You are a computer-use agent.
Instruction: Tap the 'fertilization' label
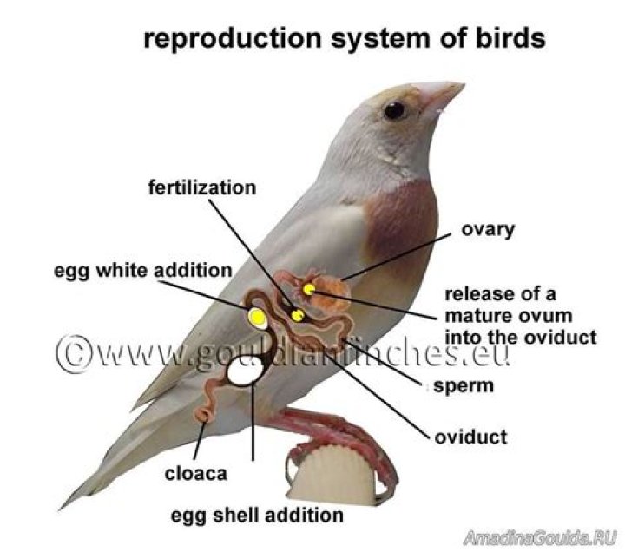pyautogui.click(x=202, y=187)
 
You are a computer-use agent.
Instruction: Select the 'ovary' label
pyautogui.click(x=489, y=230)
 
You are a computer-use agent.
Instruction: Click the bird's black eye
pyautogui.click(x=395, y=110)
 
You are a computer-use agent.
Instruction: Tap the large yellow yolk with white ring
pyautogui.click(x=256, y=318)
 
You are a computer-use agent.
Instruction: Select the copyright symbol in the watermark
pyautogui.click(x=74, y=352)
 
